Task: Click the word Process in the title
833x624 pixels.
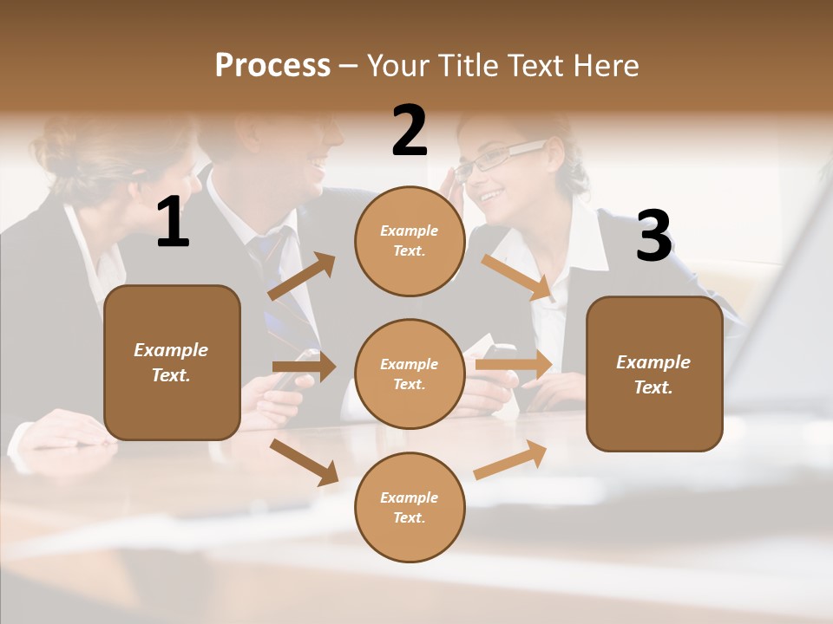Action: click(x=272, y=66)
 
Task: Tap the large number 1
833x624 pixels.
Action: click(x=173, y=223)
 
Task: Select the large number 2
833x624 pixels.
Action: click(x=410, y=131)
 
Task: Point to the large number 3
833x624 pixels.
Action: click(x=653, y=236)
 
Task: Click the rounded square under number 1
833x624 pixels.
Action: click(x=172, y=362)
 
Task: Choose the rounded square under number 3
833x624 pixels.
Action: click(x=654, y=374)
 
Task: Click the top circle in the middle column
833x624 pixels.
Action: click(x=410, y=240)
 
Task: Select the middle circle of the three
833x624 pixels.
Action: click(x=410, y=374)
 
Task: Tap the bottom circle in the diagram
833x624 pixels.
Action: click(x=410, y=507)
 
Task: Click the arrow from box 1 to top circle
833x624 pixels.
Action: click(x=301, y=276)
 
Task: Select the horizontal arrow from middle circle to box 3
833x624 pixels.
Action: click(x=514, y=365)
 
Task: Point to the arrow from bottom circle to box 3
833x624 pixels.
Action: click(x=510, y=459)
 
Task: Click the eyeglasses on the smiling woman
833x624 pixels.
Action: click(x=501, y=159)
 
